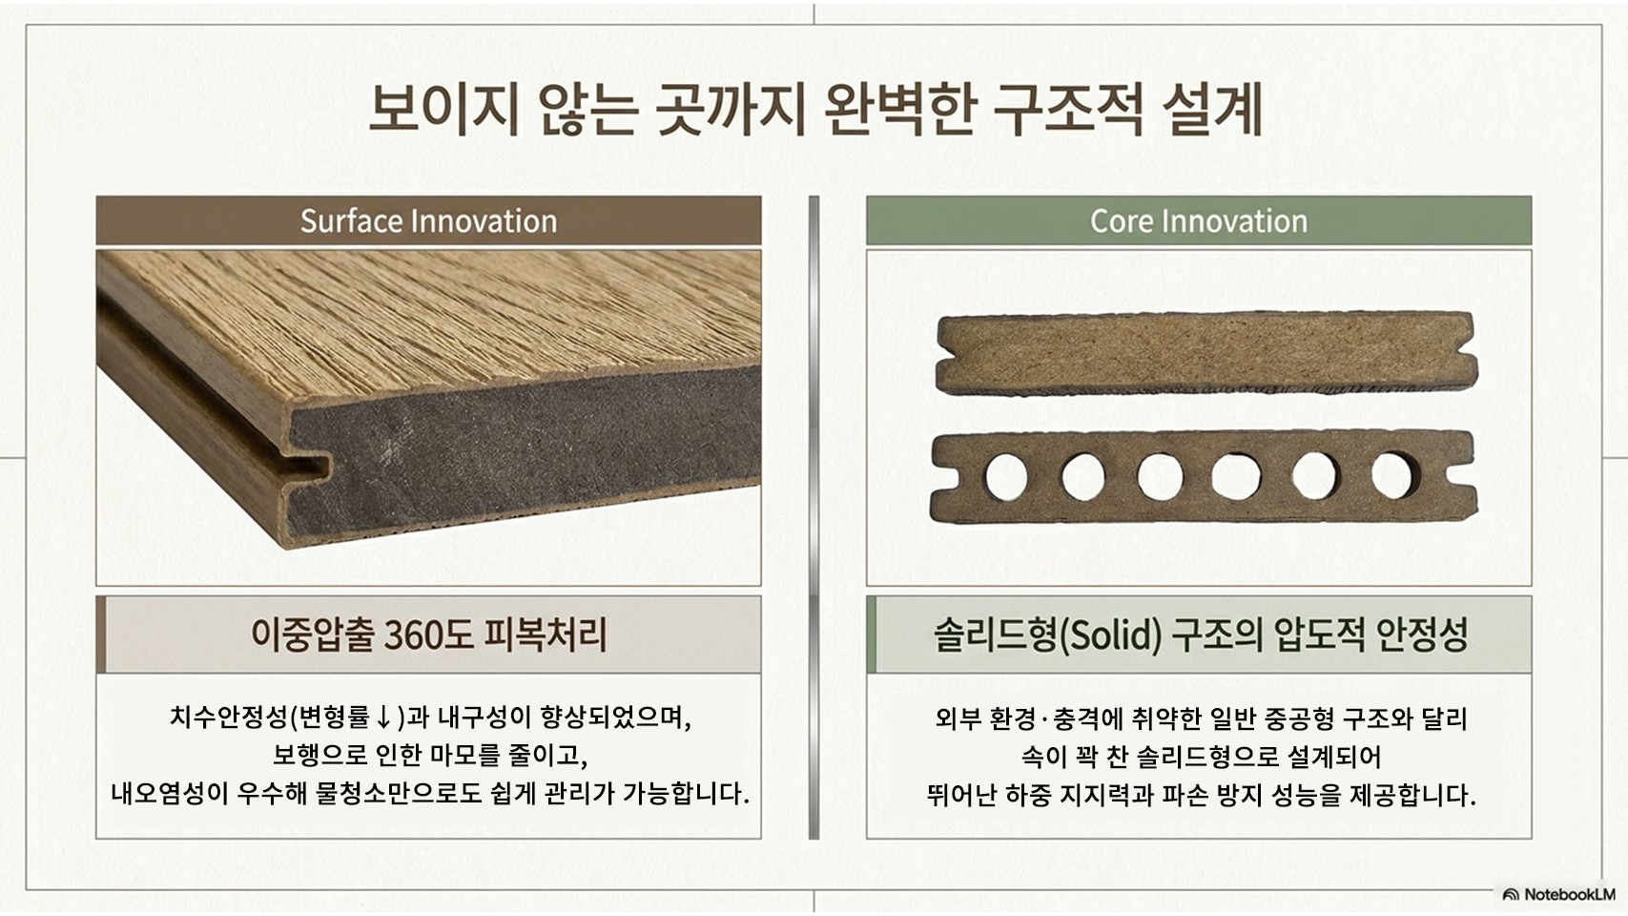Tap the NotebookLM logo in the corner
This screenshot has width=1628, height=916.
coord(1558,894)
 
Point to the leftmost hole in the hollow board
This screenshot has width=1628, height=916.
coord(1006,478)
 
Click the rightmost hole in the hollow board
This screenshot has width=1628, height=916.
coord(1393,476)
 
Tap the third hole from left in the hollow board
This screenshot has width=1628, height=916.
coord(1160,478)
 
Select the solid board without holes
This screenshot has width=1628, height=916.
coord(1206,353)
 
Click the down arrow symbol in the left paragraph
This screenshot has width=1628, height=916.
coord(384,718)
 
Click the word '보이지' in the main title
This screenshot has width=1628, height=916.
coord(443,110)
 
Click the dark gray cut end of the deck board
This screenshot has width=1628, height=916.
coord(524,450)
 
